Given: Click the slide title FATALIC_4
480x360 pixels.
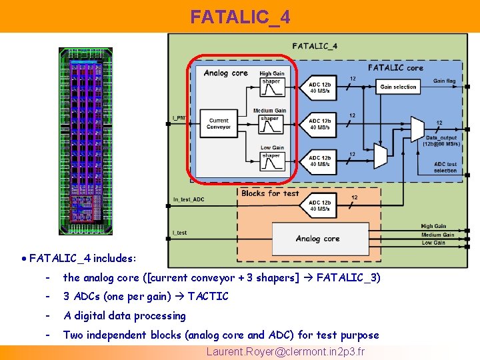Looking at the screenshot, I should (240, 17).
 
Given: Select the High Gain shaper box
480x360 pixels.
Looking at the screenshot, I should (271, 86).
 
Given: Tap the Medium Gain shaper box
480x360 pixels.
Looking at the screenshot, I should (270, 123).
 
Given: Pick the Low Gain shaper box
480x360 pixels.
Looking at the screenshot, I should (271, 161).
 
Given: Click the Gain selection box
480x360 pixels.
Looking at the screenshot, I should (398, 87).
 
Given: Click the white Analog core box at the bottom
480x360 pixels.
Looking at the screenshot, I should (318, 238).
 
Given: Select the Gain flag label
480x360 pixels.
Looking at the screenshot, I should (445, 81).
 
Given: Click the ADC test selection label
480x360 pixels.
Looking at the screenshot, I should (445, 167).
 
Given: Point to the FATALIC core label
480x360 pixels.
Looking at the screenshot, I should (395, 67).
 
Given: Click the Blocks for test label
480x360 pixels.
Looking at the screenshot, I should (270, 193).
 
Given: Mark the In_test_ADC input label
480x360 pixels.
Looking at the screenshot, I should (189, 199).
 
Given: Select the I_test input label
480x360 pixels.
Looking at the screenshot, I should (179, 233).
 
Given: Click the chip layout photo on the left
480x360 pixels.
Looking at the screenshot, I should (85, 141).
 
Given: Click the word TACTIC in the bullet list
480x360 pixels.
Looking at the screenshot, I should (208, 296).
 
